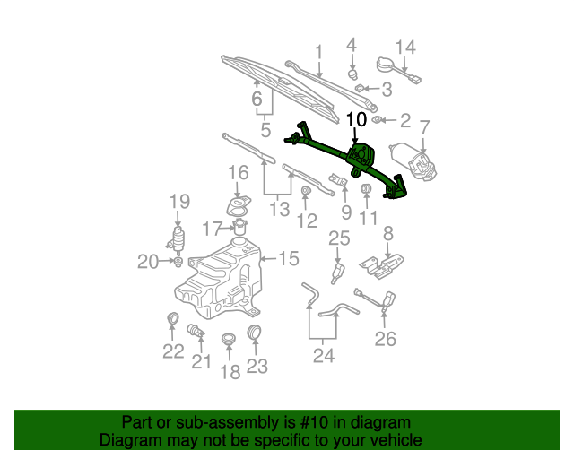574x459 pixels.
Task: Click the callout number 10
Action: [x=355, y=119]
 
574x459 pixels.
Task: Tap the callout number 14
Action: [x=405, y=47]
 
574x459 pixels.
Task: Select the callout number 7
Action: [x=425, y=127]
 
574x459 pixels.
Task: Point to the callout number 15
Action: [x=288, y=259]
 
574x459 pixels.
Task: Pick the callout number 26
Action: [x=385, y=339]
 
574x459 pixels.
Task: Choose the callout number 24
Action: [x=323, y=356]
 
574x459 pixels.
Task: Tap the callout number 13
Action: [x=280, y=209]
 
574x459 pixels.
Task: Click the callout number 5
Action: [x=265, y=131]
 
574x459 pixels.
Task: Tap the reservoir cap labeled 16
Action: [x=239, y=207]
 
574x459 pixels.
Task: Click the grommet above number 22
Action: [x=173, y=320]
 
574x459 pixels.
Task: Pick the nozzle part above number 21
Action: [x=196, y=333]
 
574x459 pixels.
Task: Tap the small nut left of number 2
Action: [x=378, y=119]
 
